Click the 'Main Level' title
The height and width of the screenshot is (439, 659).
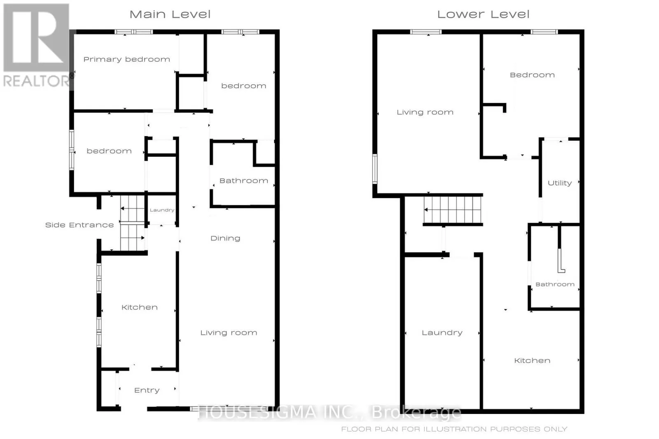[x=170, y=14]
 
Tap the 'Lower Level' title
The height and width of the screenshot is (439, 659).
[x=483, y=14]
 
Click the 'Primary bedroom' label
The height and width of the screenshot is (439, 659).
[x=126, y=59]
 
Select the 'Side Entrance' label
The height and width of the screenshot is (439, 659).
[x=79, y=225]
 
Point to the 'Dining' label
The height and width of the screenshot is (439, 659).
[x=225, y=238]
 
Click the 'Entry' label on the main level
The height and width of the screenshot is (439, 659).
[x=147, y=390]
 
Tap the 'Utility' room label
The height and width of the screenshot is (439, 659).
[x=559, y=183]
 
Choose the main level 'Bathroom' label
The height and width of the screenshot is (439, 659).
[x=243, y=181]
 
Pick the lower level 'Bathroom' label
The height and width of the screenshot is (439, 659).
[x=555, y=284]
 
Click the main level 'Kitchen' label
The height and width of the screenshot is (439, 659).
[x=139, y=307]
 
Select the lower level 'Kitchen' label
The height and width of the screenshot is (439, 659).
[x=532, y=360]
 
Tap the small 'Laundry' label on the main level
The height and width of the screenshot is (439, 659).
[x=162, y=210]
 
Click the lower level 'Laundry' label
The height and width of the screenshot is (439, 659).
[x=442, y=332]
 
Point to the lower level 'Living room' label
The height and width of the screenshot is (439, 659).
[x=425, y=112]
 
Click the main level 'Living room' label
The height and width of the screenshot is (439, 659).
[x=229, y=332]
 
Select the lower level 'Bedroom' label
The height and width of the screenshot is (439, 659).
[x=532, y=75]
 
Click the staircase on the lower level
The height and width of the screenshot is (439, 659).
[x=453, y=210]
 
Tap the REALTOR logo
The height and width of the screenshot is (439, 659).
[x=36, y=45]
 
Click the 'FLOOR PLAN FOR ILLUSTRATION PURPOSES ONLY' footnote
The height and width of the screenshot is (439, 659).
[x=454, y=429]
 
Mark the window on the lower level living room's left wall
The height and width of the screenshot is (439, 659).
[x=375, y=169]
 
